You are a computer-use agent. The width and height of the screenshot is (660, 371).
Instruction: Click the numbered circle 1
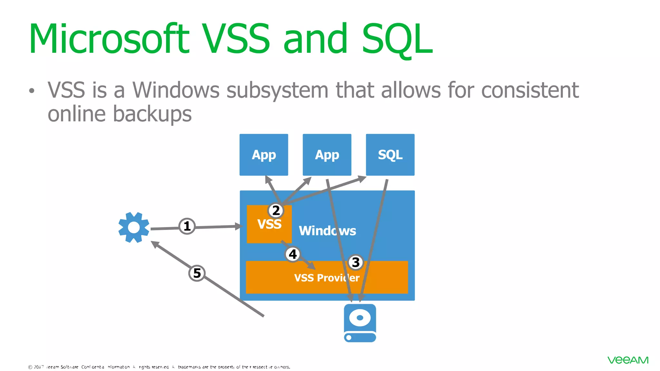click(187, 226)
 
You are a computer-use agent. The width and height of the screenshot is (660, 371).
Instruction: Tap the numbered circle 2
click(276, 211)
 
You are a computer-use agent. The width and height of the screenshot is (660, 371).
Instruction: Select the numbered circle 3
click(355, 262)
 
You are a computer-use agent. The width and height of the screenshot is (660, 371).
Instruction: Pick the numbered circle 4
click(293, 254)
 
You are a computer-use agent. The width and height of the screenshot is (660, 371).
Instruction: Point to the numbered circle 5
click(197, 273)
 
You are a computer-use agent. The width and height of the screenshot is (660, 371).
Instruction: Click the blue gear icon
click(134, 227)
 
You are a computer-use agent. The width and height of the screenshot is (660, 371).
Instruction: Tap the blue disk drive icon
click(360, 323)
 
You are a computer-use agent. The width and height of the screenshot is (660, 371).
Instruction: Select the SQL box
click(390, 155)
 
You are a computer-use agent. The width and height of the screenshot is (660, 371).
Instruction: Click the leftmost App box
click(264, 155)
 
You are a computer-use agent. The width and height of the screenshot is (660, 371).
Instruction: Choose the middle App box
click(327, 155)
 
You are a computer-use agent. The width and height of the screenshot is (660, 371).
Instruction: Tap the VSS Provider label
click(326, 278)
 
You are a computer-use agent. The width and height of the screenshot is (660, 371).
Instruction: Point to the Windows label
click(327, 231)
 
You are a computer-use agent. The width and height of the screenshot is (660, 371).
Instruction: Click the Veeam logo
click(628, 360)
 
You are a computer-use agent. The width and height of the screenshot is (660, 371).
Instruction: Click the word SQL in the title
click(397, 39)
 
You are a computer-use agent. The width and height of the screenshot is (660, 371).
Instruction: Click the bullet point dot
click(31, 91)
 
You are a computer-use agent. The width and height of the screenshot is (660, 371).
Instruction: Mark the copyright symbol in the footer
click(30, 367)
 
